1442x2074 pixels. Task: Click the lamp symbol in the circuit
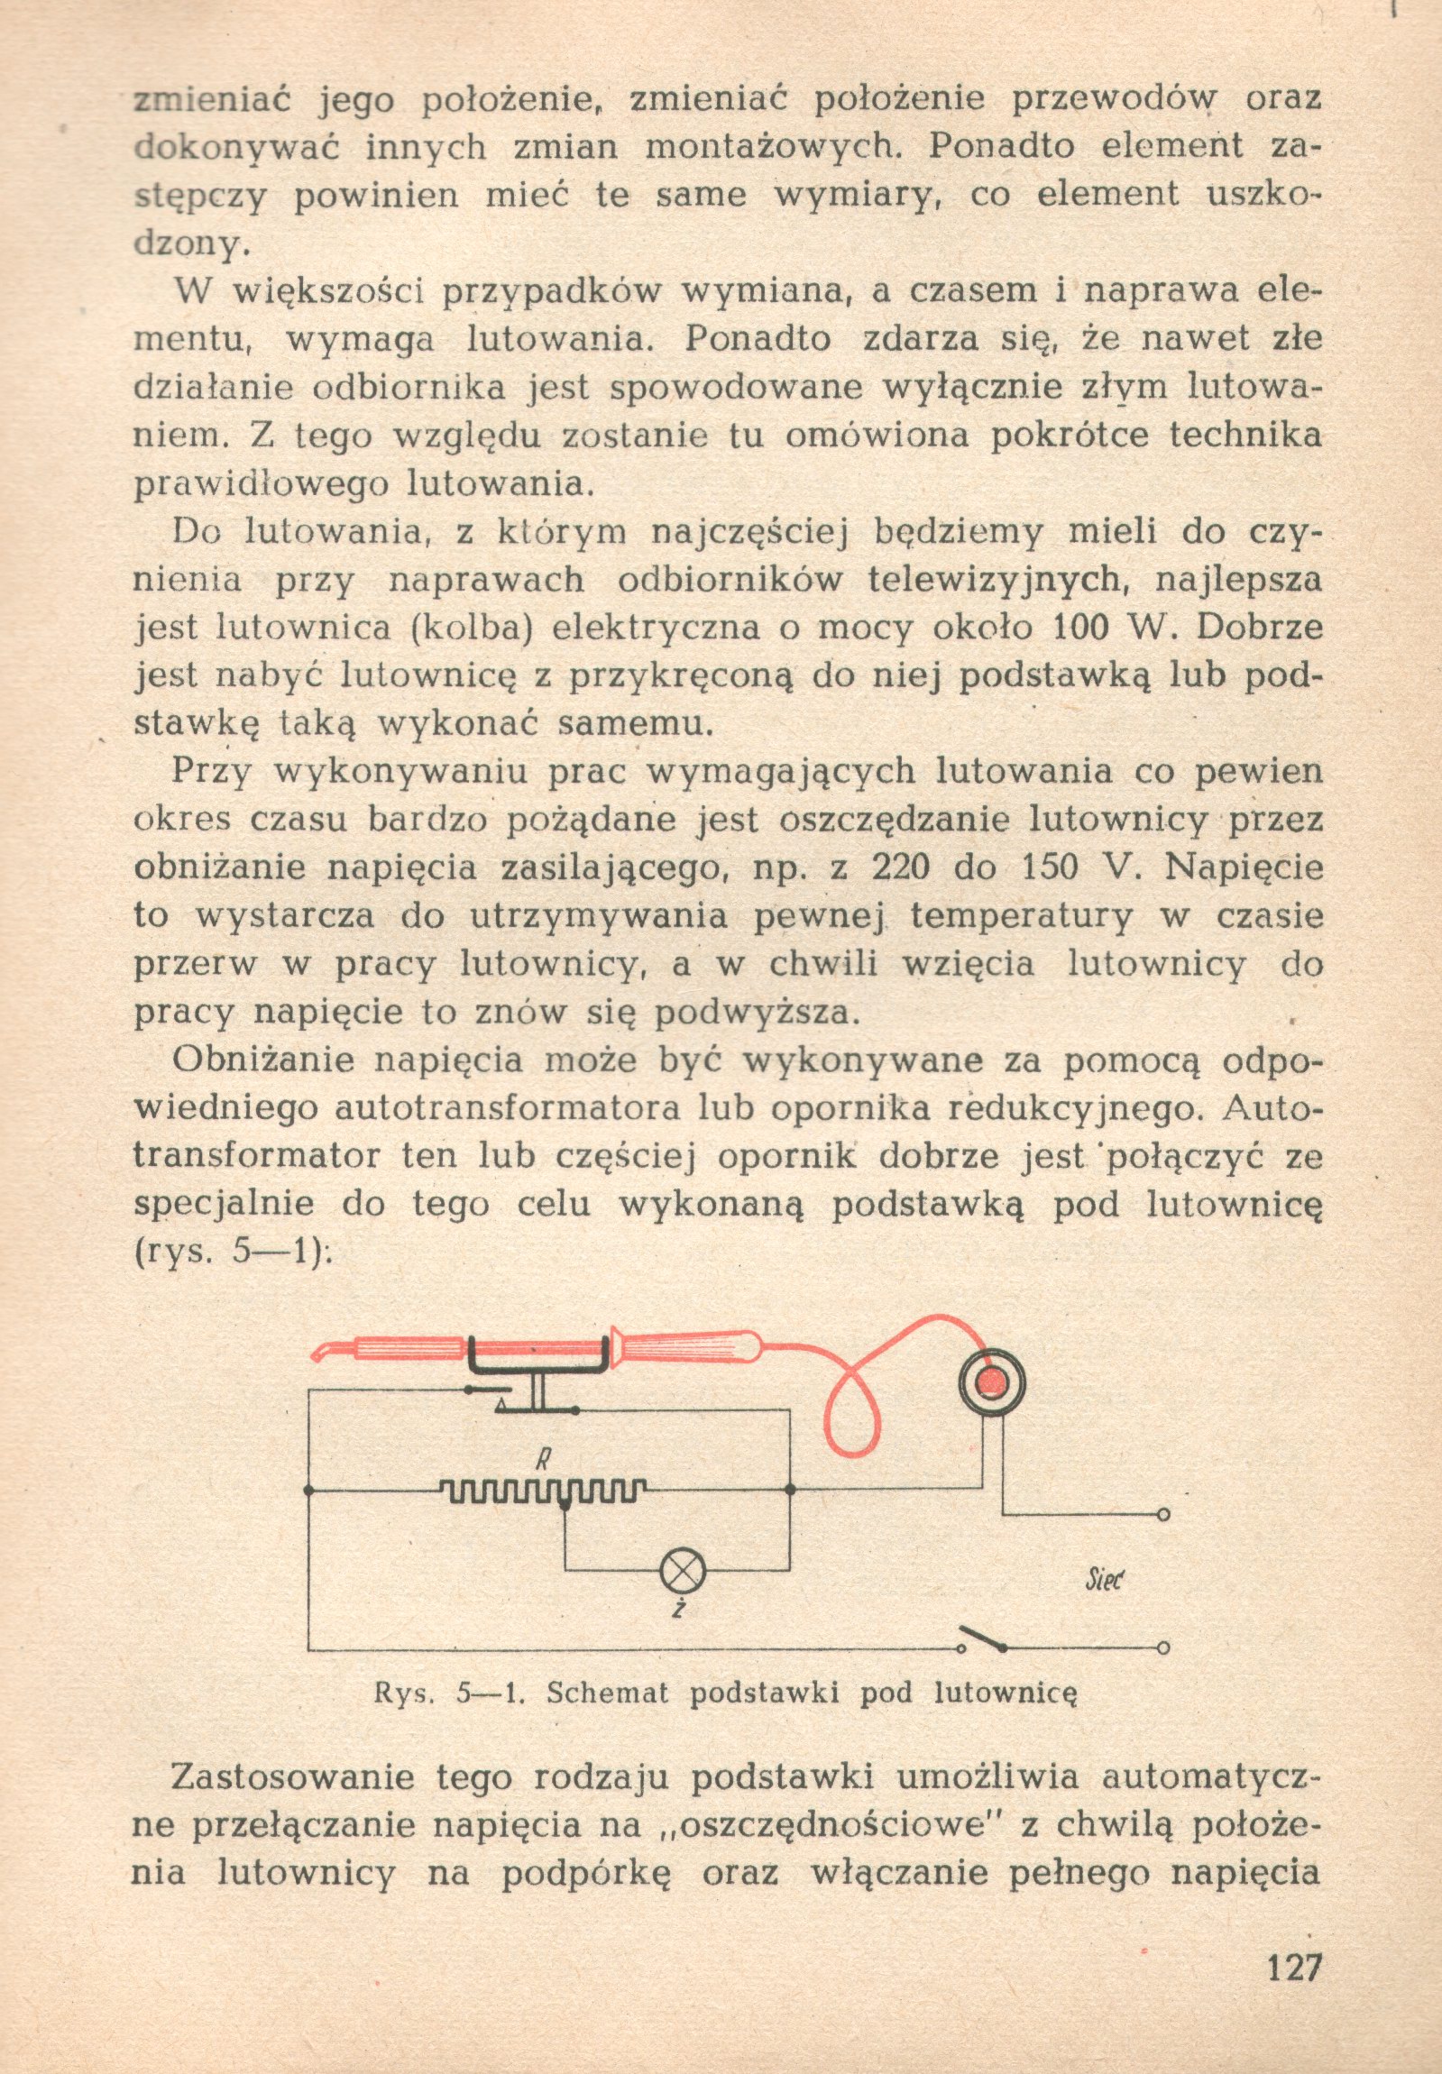[684, 1571]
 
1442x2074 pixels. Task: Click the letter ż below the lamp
[677, 1609]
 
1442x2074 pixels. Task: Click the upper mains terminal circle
[1163, 1514]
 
